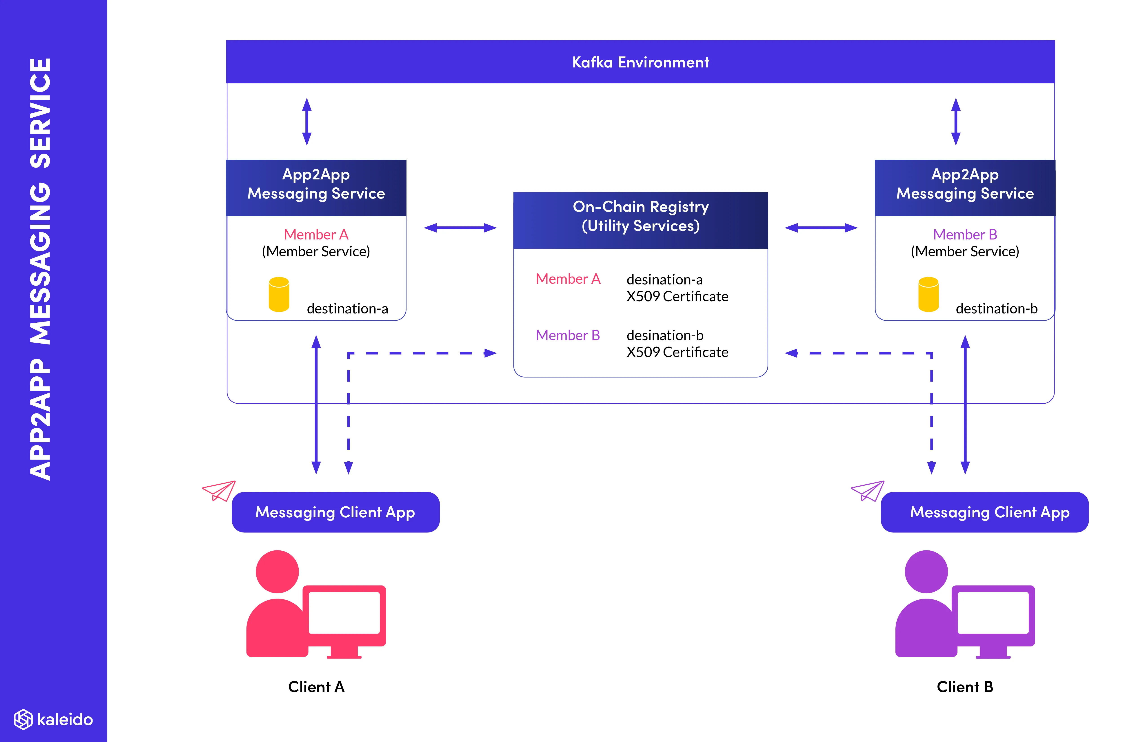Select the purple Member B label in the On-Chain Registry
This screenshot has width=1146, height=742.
[x=568, y=335]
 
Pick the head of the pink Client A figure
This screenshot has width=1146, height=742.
[x=277, y=572]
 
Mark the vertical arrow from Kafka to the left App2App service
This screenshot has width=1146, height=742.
[x=307, y=121]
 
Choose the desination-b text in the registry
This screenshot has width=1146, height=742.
[x=664, y=335]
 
